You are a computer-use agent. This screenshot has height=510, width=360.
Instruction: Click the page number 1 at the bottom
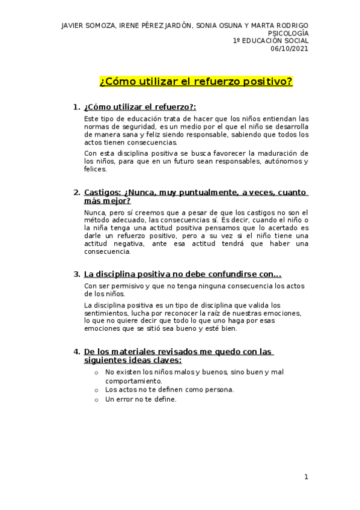point(306,477)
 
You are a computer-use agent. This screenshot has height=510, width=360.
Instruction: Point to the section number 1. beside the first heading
point(76,107)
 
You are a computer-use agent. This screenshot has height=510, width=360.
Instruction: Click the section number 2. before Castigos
point(76,192)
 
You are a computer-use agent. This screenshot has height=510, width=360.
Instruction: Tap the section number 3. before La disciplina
point(76,274)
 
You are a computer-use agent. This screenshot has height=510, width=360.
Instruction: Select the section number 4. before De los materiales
point(76,351)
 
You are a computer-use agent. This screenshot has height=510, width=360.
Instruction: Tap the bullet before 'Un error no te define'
point(96,399)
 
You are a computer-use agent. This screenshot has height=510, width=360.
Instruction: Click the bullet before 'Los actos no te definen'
point(96,390)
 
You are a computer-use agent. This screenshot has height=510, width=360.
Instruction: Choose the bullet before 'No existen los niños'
point(96,372)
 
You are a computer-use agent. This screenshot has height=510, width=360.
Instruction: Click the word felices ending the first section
point(95,170)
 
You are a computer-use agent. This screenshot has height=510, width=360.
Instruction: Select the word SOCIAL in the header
point(296,41)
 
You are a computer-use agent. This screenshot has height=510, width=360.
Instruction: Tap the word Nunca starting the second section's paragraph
point(94,213)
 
